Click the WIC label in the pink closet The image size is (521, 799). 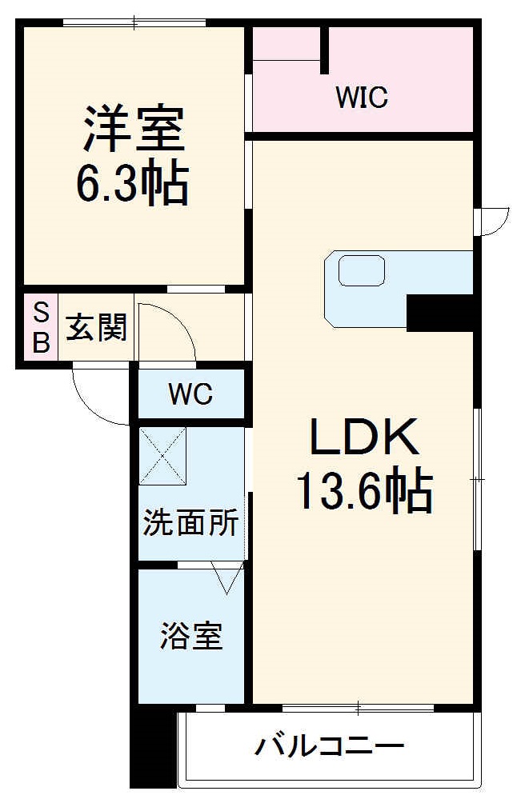point(362,98)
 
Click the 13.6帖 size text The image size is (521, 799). point(364,491)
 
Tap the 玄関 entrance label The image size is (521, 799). point(96,328)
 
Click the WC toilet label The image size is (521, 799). point(190,394)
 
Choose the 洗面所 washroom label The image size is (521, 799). point(190,524)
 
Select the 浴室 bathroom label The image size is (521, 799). point(190,637)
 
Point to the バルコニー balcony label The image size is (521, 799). point(329,749)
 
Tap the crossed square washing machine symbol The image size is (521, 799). point(162,456)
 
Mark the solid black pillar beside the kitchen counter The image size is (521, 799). point(440,313)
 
